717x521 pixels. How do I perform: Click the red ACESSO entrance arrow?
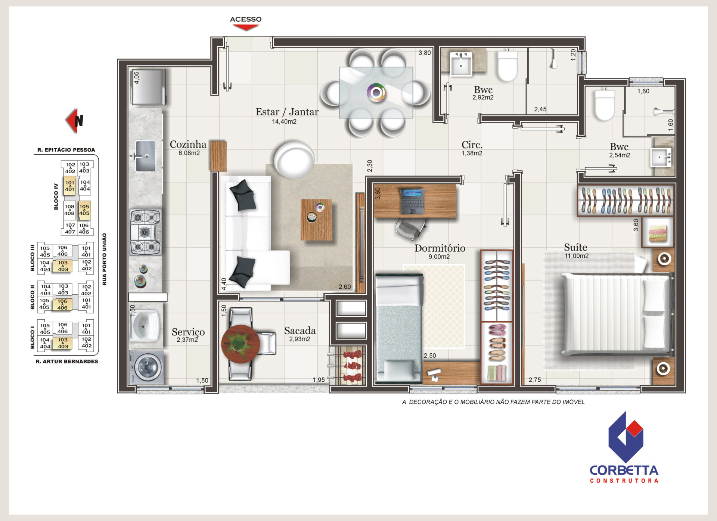pyautogui.click(x=246, y=27)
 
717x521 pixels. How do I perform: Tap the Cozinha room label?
pyautogui.click(x=188, y=144)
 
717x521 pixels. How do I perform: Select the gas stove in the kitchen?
pyautogui.click(x=145, y=232)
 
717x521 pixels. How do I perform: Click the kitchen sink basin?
pyautogui.click(x=145, y=156)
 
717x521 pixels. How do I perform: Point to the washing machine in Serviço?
pyautogui.click(x=146, y=367)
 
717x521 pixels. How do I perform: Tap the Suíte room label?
pyautogui.click(x=575, y=247)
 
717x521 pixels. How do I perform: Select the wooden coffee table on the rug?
pyautogui.click(x=316, y=220)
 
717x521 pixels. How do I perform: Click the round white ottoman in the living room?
pyautogui.click(x=294, y=159)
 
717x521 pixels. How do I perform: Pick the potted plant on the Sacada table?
pyautogui.click(x=239, y=343)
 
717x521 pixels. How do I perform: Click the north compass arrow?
pyautogui.click(x=74, y=121)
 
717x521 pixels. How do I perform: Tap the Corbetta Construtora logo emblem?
pyautogui.click(x=626, y=437)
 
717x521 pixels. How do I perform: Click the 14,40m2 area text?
pyautogui.click(x=284, y=122)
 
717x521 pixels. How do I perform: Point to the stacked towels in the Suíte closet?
pyautogui.click(x=657, y=233)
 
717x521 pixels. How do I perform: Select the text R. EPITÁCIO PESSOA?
pyautogui.click(x=66, y=150)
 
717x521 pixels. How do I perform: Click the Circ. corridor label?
pyautogui.click(x=472, y=145)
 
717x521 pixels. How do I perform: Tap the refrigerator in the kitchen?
pyautogui.click(x=148, y=87)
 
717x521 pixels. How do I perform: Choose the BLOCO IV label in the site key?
pyautogui.click(x=56, y=196)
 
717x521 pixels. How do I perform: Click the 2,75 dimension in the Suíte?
pyautogui.click(x=534, y=380)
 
